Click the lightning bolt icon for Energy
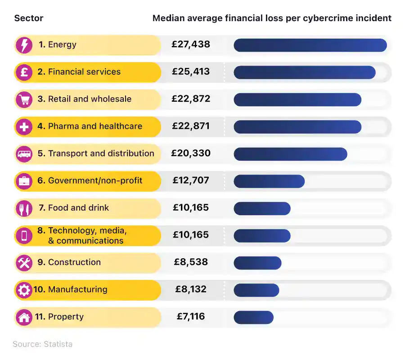(24, 45)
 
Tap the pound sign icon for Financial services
(24, 72)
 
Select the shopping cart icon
(24, 99)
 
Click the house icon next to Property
(24, 317)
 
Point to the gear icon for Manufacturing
(24, 290)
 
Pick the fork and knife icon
(24, 208)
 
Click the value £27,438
(191, 45)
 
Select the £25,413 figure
(191, 72)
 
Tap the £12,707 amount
(191, 180)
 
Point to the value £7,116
(191, 316)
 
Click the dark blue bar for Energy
(310, 45)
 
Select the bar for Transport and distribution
(290, 154)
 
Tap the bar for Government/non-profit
(269, 181)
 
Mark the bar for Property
(253, 317)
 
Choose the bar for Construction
(257, 263)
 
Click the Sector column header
(29, 18)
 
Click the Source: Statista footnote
(42, 344)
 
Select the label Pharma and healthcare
(95, 126)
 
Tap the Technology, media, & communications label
(85, 235)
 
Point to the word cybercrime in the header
(326, 18)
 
